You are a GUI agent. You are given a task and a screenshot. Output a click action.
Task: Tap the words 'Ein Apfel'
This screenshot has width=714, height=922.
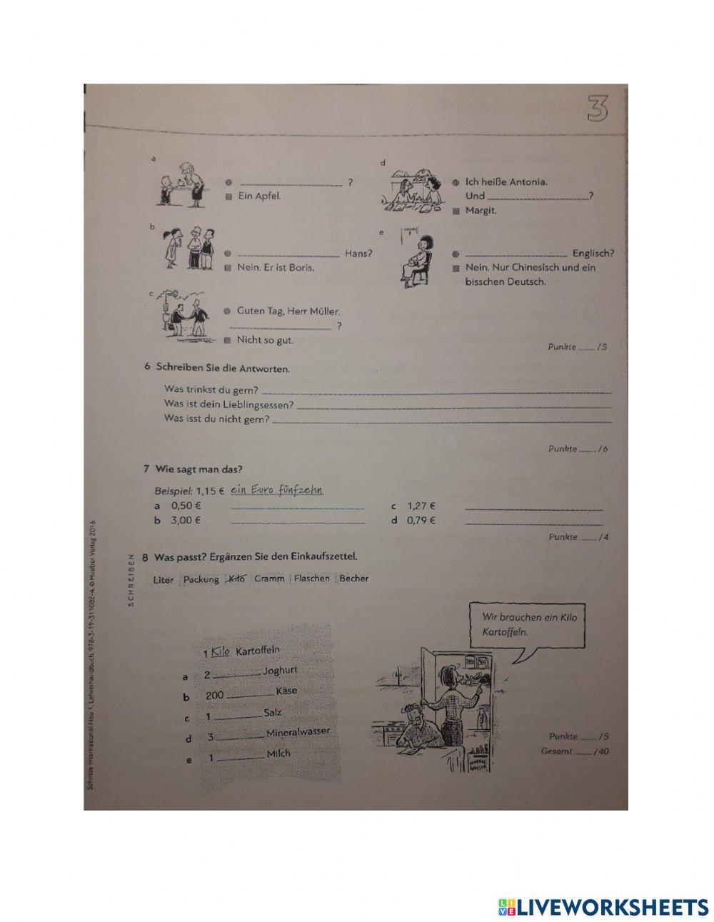coord(259,196)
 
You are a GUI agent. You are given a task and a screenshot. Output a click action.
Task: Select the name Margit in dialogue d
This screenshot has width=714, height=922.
coord(481,210)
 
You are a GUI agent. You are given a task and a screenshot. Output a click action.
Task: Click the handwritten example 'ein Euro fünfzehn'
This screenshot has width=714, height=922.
coord(278,491)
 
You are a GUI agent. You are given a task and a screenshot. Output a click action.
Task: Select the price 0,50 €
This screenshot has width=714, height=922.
coord(186,506)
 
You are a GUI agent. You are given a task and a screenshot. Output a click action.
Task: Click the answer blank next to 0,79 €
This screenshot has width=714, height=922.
coord(533,523)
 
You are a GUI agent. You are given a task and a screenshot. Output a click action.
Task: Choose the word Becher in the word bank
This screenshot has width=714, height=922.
coord(354,578)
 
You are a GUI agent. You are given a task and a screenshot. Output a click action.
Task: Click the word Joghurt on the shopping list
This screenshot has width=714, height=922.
coord(280,671)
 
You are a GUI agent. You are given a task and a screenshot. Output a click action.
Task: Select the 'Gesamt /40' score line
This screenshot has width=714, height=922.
coord(575,751)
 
